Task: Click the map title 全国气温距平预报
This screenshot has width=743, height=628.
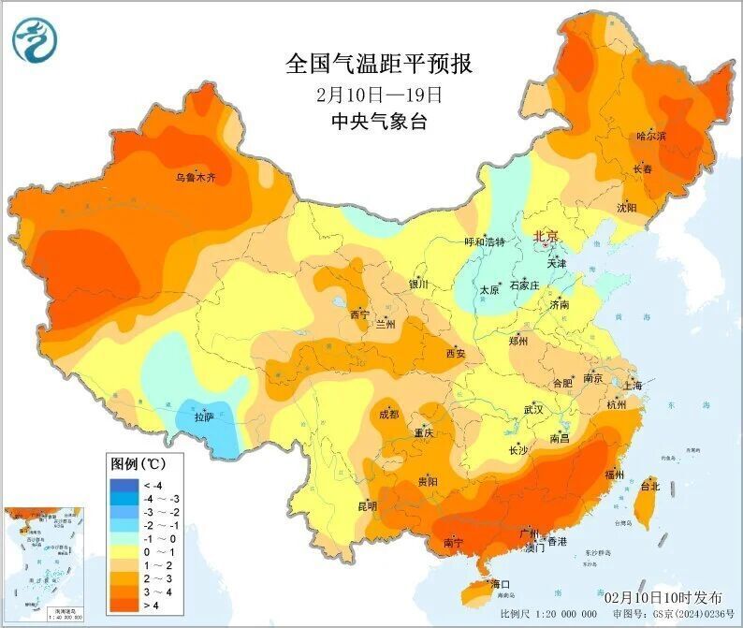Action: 379,64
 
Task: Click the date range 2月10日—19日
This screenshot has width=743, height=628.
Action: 379,94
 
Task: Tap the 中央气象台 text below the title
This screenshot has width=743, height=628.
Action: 379,122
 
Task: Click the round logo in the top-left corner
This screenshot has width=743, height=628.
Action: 35,39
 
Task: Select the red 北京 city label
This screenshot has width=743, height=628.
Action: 545,236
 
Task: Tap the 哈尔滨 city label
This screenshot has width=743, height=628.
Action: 651,137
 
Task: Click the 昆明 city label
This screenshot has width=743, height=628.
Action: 367,506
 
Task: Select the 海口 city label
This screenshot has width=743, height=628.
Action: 501,584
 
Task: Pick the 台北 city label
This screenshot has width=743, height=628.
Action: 649,486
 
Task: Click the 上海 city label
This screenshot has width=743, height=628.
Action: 632,385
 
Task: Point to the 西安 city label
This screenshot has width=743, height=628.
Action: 455,353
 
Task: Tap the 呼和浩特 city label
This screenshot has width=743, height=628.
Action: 485,241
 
